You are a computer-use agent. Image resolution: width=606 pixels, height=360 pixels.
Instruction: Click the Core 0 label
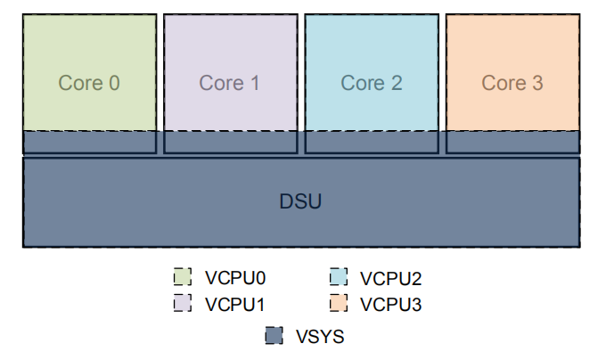tap(89, 83)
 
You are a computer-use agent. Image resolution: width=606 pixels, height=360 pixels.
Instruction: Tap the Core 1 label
tap(229, 83)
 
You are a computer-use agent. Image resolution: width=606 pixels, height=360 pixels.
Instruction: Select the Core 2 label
tap(372, 83)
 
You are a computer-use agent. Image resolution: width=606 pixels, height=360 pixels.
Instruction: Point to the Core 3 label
tap(512, 83)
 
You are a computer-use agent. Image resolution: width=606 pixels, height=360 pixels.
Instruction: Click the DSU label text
tap(300, 201)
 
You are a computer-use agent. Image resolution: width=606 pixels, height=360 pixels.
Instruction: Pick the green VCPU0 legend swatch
tap(183, 277)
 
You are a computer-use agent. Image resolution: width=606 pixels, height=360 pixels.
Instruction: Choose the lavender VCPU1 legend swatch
tap(183, 303)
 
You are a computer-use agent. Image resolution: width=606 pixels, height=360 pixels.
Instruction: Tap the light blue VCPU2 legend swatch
tap(339, 277)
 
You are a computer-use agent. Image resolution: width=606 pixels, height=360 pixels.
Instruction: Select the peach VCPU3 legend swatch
tap(339, 303)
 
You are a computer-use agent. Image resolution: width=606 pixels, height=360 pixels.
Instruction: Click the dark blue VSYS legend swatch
tap(274, 335)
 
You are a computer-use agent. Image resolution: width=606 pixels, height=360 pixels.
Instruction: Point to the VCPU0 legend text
tap(235, 278)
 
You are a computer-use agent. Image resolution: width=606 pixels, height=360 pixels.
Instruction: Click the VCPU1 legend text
tap(235, 305)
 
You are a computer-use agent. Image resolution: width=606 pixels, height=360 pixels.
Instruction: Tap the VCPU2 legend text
tap(390, 279)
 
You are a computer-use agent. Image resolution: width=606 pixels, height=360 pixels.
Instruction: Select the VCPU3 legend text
tap(390, 305)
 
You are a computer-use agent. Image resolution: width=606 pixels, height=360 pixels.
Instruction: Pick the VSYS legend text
tap(320, 337)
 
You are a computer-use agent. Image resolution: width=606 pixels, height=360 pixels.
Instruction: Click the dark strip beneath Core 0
tap(90, 143)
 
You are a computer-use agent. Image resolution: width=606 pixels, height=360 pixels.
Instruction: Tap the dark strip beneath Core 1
tap(231, 143)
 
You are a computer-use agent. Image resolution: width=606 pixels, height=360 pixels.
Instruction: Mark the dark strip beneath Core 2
tap(372, 143)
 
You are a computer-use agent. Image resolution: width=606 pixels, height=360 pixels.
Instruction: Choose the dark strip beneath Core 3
tap(512, 143)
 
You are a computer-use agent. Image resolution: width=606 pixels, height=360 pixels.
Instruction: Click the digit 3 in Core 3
tap(537, 83)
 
